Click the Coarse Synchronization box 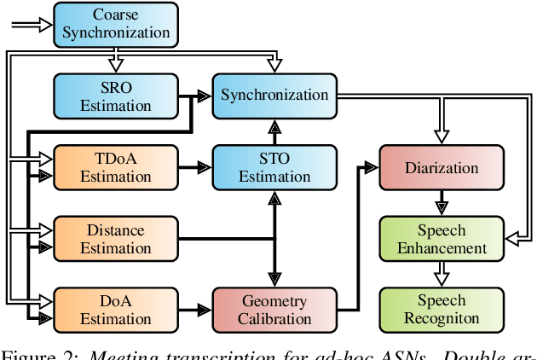coord(115,23)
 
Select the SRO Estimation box coord(115,96)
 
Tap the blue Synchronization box coord(274,95)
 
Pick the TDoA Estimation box coord(115,167)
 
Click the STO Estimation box coord(274,167)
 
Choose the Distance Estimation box coord(115,239)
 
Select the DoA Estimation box coord(115,310)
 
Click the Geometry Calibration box coord(274,310)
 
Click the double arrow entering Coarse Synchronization coord(31,25)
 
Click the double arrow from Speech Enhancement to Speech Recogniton coord(441,274)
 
